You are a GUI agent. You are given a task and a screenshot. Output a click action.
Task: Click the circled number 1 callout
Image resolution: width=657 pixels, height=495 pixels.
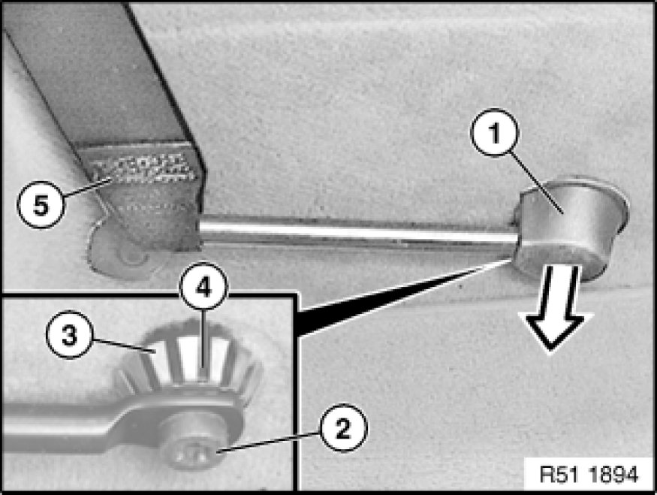tap(494, 133)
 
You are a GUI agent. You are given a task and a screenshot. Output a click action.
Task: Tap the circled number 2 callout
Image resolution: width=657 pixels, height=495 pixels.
tap(343, 428)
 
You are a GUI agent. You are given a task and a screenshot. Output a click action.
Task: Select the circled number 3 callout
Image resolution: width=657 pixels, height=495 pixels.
tap(69, 334)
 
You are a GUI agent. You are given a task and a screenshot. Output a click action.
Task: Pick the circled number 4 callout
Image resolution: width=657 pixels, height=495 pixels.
tap(203, 288)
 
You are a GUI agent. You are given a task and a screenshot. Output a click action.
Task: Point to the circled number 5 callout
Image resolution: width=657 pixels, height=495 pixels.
tap(41, 204)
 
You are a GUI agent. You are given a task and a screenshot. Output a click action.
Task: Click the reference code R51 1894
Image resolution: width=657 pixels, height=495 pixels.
tap(588, 475)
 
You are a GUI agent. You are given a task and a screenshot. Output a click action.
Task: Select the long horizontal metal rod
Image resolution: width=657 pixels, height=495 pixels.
tap(358, 232)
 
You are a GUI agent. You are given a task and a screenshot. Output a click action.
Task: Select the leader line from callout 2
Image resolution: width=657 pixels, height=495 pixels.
tap(268, 444)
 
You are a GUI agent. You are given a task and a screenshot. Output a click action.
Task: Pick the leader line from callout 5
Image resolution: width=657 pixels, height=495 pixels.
tap(87, 188)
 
